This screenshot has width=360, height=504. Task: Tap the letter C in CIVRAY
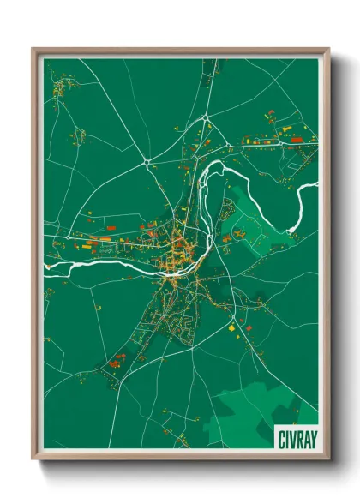tap(280, 438)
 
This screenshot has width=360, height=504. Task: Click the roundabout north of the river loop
tap(206, 117)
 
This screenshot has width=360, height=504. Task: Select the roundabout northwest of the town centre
tap(147, 160)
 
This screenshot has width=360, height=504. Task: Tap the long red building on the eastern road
tap(297, 139)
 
